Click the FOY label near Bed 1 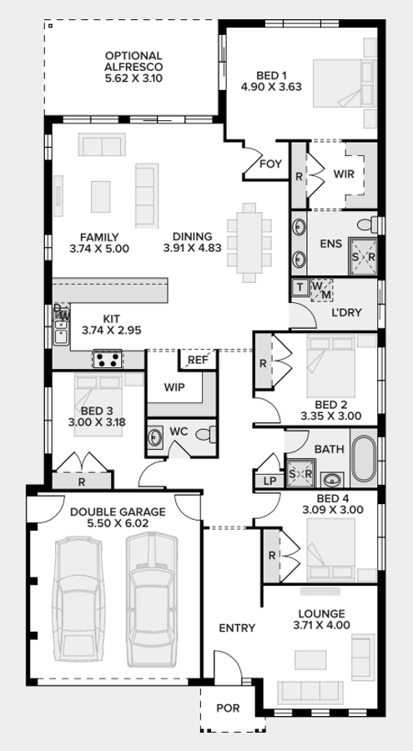pyautogui.click(x=270, y=164)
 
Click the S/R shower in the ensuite pyautogui.click(x=364, y=257)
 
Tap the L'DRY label pyautogui.click(x=345, y=313)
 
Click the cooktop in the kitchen pyautogui.click(x=108, y=360)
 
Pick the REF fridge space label pyautogui.click(x=197, y=360)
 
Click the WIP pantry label pyautogui.click(x=174, y=387)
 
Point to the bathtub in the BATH pyautogui.click(x=364, y=461)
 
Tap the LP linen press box pyautogui.click(x=269, y=481)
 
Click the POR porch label pyautogui.click(x=226, y=709)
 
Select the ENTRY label pyautogui.click(x=236, y=628)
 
